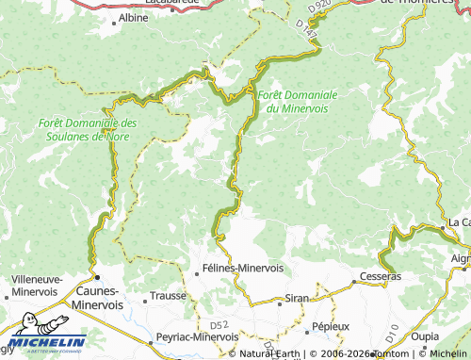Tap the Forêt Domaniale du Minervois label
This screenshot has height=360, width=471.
296,101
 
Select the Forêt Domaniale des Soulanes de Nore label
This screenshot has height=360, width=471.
88,129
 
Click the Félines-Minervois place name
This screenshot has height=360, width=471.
243,268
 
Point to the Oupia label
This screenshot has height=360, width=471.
425,335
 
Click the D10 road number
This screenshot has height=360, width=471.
392,333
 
